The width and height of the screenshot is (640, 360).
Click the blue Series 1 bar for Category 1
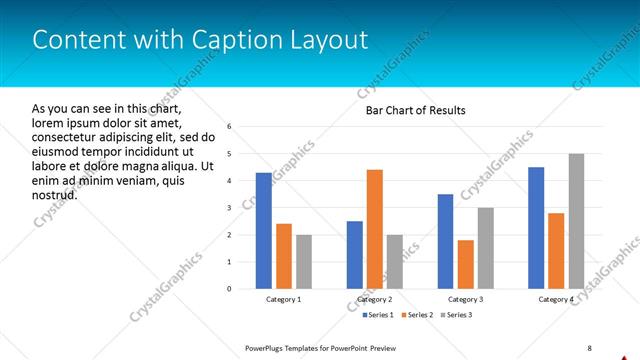263,231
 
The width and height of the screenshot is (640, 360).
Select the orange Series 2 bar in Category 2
375,229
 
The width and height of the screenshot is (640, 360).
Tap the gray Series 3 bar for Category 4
576,221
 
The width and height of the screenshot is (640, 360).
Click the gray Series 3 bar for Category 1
304,262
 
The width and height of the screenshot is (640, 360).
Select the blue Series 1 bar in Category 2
355,255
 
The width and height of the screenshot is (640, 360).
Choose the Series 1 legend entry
378,315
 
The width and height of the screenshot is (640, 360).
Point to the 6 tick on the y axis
230,127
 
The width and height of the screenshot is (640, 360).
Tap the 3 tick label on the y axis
230,208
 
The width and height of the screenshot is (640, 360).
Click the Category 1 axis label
284,299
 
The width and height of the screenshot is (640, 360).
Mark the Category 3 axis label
466,299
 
